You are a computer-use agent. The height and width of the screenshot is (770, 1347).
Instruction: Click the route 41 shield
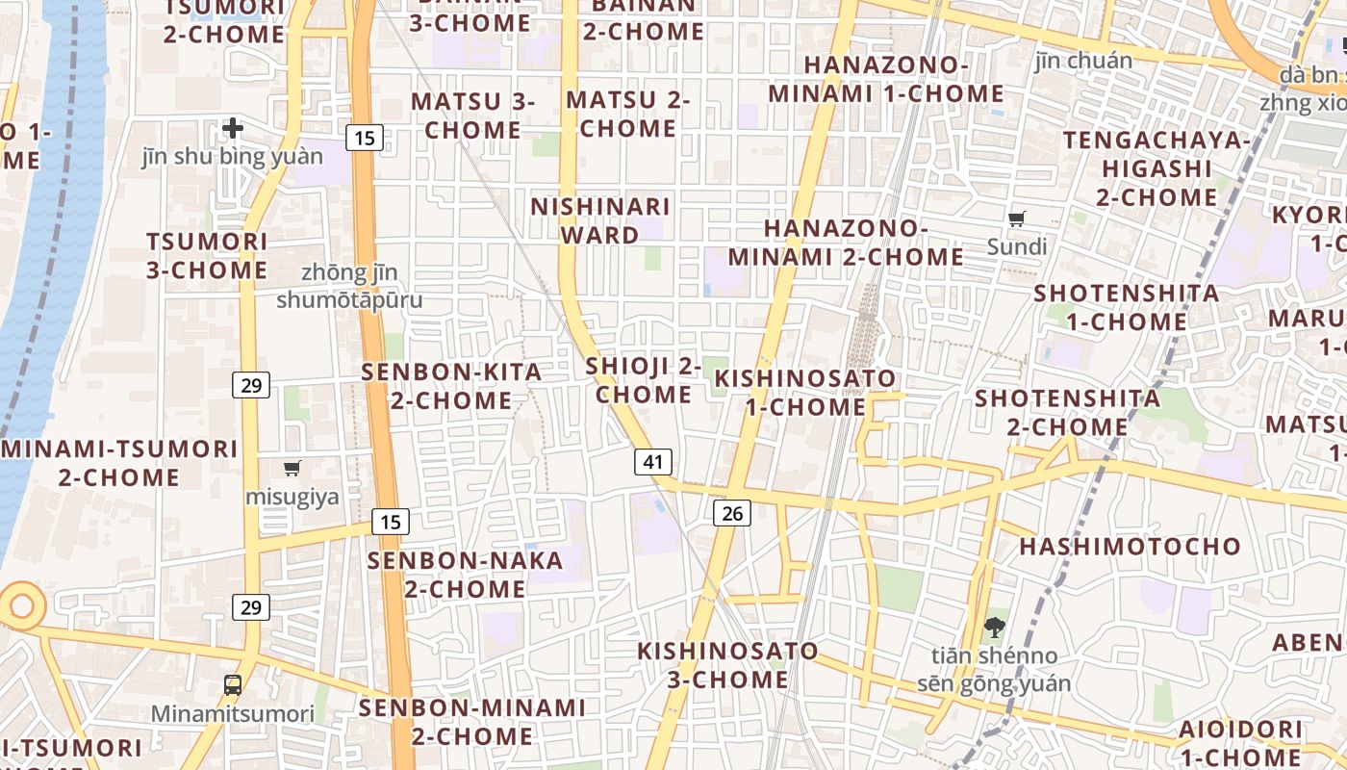[653, 462]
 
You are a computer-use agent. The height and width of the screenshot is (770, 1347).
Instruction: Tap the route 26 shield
[732, 513]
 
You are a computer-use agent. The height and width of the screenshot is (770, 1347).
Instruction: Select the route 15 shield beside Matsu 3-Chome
[365, 138]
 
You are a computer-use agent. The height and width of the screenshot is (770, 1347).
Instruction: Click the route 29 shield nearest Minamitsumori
[251, 607]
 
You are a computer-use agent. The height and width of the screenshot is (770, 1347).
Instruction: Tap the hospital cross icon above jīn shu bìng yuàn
[233, 128]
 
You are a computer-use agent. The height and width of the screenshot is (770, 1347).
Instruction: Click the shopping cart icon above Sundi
[1017, 218]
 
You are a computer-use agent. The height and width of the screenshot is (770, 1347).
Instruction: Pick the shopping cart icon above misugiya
[292, 469]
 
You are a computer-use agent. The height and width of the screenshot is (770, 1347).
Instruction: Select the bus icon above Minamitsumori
[233, 685]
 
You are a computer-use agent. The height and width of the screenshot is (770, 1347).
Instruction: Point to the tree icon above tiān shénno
[993, 628]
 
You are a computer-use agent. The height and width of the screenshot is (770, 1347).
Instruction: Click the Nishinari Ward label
[599, 221]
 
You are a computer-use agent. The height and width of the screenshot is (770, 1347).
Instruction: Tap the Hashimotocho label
[1131, 547]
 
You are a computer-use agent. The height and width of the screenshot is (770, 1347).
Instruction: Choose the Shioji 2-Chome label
[643, 380]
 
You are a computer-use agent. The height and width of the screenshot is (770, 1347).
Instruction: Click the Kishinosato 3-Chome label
[727, 665]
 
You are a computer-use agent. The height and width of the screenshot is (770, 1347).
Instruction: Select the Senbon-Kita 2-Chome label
[451, 386]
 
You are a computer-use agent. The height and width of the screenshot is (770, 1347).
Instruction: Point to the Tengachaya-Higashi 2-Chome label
[1156, 168]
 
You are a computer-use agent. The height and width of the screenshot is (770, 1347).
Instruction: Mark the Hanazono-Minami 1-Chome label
[886, 80]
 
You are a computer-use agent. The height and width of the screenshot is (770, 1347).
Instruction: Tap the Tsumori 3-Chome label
[207, 255]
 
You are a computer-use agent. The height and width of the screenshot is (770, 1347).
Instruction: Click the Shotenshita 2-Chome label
[1068, 412]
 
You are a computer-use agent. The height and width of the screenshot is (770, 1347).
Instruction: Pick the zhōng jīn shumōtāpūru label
[349, 287]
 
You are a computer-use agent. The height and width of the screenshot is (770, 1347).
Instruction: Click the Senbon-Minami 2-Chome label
[472, 722]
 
